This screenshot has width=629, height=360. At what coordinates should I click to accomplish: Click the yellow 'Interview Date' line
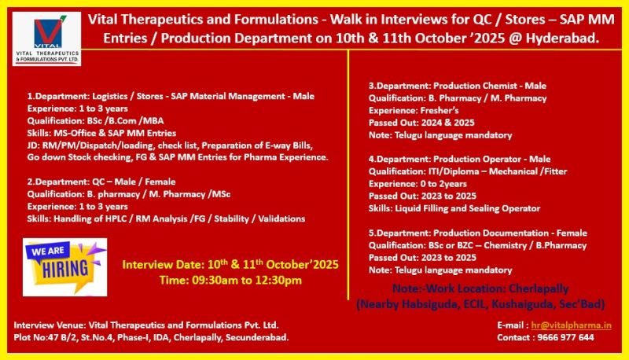[x=230, y=265]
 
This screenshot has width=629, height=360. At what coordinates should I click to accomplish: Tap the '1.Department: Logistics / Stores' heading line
[x=171, y=96]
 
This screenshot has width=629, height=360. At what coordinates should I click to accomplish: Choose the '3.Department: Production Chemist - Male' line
[x=458, y=86]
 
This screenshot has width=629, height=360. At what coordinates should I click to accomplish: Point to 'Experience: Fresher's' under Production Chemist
[x=413, y=111]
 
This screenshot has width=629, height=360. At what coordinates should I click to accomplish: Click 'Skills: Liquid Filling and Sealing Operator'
[x=454, y=208]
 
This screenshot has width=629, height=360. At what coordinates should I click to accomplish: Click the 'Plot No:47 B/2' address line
[x=151, y=336]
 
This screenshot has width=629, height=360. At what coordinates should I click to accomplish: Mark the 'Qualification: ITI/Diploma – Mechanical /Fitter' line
[x=465, y=171]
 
